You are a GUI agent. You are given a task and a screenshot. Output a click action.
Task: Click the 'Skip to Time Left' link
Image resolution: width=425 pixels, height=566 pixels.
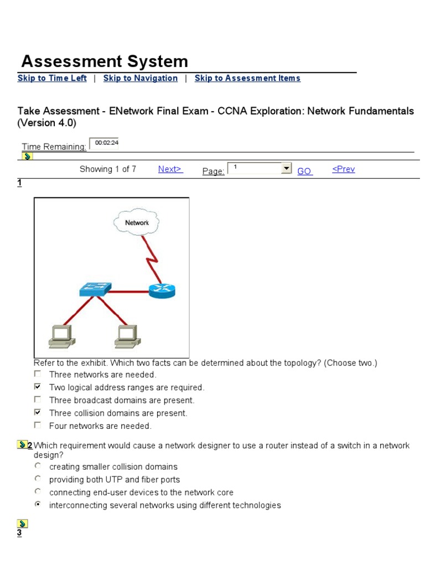pos(52,78)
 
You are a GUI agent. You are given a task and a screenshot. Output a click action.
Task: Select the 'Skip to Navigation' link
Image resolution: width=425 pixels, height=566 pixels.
pos(141,78)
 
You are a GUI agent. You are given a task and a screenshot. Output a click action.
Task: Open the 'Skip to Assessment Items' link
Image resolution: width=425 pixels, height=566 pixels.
pos(247,78)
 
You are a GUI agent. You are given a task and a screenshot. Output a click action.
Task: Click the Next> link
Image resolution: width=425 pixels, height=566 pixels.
pos(170,170)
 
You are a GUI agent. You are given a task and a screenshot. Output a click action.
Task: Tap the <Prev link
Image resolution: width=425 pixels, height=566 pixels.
pos(343,170)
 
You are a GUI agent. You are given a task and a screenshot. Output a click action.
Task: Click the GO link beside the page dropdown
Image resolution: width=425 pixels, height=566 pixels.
pos(305,171)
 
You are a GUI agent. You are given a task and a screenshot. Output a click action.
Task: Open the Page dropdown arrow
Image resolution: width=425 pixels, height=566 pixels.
pos(286,168)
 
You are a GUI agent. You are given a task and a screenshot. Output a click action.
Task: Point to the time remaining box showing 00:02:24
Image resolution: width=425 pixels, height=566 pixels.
pos(104,143)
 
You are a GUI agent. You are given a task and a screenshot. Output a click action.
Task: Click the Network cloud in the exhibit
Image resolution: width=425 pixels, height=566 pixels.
pos(137,223)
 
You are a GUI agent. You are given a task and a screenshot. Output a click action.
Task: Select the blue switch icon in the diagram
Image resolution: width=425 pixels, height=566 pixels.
pos(94,289)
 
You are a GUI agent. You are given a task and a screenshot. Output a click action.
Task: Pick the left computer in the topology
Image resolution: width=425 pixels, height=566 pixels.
pos(60,336)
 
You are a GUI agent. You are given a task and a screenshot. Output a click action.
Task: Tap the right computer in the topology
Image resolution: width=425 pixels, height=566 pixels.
pos(127,336)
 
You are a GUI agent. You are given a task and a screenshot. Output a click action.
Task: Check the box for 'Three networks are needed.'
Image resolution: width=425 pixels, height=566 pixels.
pos(38,374)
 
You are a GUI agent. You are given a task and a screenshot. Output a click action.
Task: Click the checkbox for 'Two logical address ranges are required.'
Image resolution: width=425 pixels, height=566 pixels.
pos(38,387)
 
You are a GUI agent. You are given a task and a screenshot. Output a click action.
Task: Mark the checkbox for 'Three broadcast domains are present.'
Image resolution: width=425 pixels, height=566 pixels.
pos(38,400)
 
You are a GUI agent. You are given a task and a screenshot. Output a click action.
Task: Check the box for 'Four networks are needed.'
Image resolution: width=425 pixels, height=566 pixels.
pos(38,425)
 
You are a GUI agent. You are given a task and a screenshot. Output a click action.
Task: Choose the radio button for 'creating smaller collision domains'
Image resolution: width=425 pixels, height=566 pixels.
pos(38,466)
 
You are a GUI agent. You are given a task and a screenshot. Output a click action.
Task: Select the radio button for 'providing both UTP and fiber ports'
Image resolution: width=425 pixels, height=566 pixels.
pos(38,479)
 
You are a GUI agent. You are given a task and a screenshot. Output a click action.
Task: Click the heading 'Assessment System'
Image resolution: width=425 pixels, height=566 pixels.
pos(105,61)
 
